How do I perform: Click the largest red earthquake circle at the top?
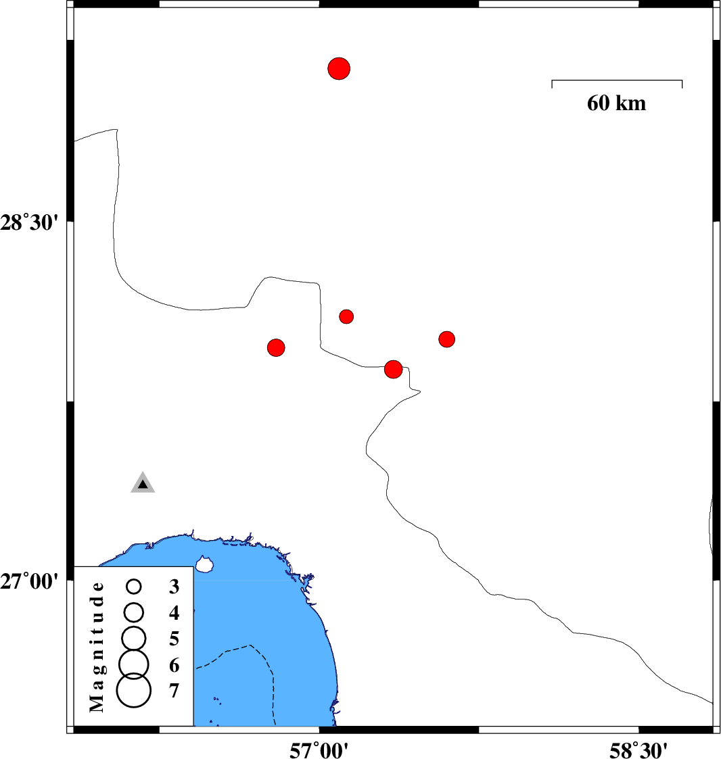pyautogui.click(x=339, y=68)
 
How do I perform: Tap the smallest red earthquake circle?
pyautogui.click(x=346, y=316)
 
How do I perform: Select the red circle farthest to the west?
pyautogui.click(x=276, y=347)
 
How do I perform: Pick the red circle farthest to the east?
pyautogui.click(x=446, y=339)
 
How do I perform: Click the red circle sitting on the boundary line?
pyautogui.click(x=393, y=369)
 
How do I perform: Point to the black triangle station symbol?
pyautogui.click(x=143, y=483)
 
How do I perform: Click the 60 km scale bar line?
pyautogui.click(x=617, y=80)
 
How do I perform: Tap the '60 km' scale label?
pyautogui.click(x=616, y=103)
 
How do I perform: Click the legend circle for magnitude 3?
pyautogui.click(x=134, y=586)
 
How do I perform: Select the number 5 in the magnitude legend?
pyautogui.click(x=175, y=639)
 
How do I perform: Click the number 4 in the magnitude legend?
pyautogui.click(x=175, y=613)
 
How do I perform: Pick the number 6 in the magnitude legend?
pyautogui.click(x=175, y=666)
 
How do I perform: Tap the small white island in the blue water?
pyautogui.click(x=204, y=563)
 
